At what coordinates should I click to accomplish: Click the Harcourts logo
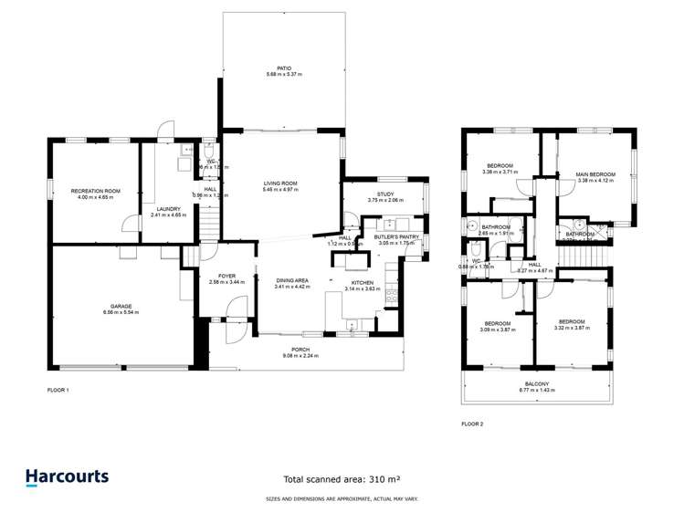(67, 476)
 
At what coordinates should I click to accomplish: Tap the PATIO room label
(284, 68)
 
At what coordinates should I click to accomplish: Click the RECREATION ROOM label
(96, 191)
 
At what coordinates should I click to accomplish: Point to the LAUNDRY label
(166, 209)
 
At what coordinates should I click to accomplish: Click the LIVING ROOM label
(281, 183)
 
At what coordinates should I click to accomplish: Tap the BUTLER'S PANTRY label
(395, 237)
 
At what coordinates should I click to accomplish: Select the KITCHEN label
(363, 283)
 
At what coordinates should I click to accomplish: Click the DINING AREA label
(292, 280)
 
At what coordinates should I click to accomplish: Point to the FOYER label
(227, 277)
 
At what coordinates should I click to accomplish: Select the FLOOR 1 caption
(58, 390)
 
